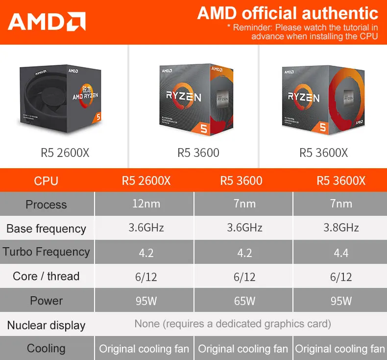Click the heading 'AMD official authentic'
[288, 13]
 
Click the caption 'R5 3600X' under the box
[323, 153]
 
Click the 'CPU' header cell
[47, 181]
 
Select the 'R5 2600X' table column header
[146, 181]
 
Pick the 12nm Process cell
[146, 204]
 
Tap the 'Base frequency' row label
[47, 229]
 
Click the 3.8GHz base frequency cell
[341, 228]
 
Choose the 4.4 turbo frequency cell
[341, 253]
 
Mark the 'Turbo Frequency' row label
[47, 252]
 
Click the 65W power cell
[244, 301]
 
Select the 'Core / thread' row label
[47, 276]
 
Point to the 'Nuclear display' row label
[47, 325]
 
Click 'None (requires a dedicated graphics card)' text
[233, 324]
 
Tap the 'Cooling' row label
[47, 348]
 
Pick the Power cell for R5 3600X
[341, 301]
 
